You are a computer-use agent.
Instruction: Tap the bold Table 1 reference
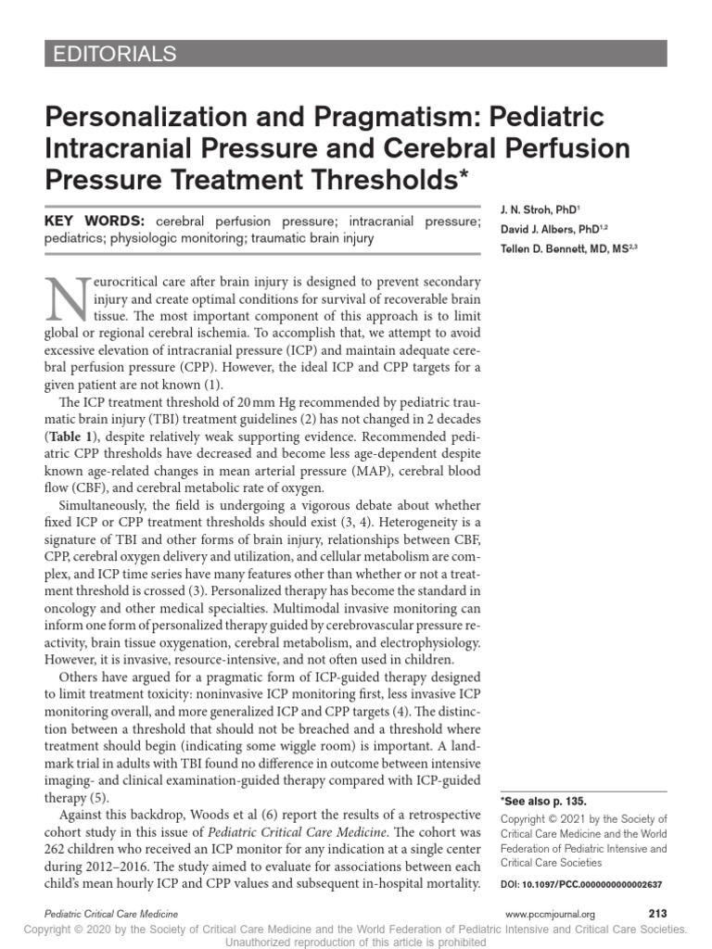coord(84,435)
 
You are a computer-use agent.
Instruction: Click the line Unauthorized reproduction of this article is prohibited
coord(356,941)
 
